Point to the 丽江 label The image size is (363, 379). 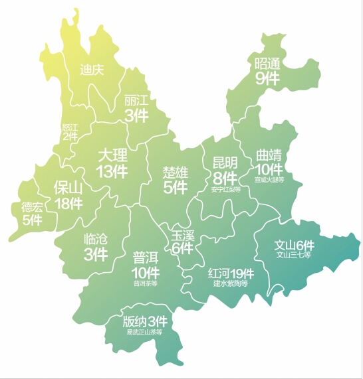[x=136, y=101]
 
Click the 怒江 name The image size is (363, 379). [x=70, y=127]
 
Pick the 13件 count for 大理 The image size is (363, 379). [x=112, y=171]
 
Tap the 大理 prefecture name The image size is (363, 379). [x=112, y=155]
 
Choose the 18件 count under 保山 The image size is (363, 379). [x=69, y=203]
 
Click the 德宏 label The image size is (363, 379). [x=31, y=206]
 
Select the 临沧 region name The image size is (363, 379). [x=96, y=238]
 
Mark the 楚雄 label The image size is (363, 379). [x=176, y=173]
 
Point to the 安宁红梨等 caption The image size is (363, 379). [x=225, y=189]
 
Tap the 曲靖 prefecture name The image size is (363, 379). [x=269, y=155]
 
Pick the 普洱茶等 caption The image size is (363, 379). [x=146, y=283]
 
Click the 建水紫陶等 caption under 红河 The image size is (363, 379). [x=230, y=283]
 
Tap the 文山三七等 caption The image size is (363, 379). [x=293, y=254]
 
